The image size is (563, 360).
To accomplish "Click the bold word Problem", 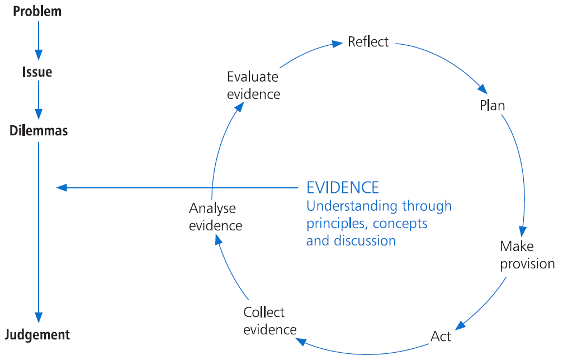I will pyautogui.click(x=37, y=11).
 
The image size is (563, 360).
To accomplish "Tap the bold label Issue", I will pyautogui.click(x=37, y=72).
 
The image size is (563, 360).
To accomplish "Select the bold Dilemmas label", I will pyautogui.click(x=39, y=131).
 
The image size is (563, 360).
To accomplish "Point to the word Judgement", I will pyautogui.click(x=37, y=335).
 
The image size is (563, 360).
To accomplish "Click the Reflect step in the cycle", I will pyautogui.click(x=368, y=42).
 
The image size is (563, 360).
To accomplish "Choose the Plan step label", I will pyautogui.click(x=493, y=105).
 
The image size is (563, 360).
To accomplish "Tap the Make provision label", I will pyautogui.click(x=527, y=255).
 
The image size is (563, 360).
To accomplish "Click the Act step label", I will pyautogui.click(x=441, y=337).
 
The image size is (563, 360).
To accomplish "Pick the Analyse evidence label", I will pyautogui.click(x=215, y=217).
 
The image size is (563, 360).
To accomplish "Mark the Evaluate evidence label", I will pyautogui.click(x=253, y=85).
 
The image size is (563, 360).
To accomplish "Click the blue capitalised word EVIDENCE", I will pyautogui.click(x=343, y=187).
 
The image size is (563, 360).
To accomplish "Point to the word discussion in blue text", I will pyautogui.click(x=366, y=241).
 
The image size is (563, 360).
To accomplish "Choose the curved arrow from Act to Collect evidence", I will pyautogui.click(x=363, y=352).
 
